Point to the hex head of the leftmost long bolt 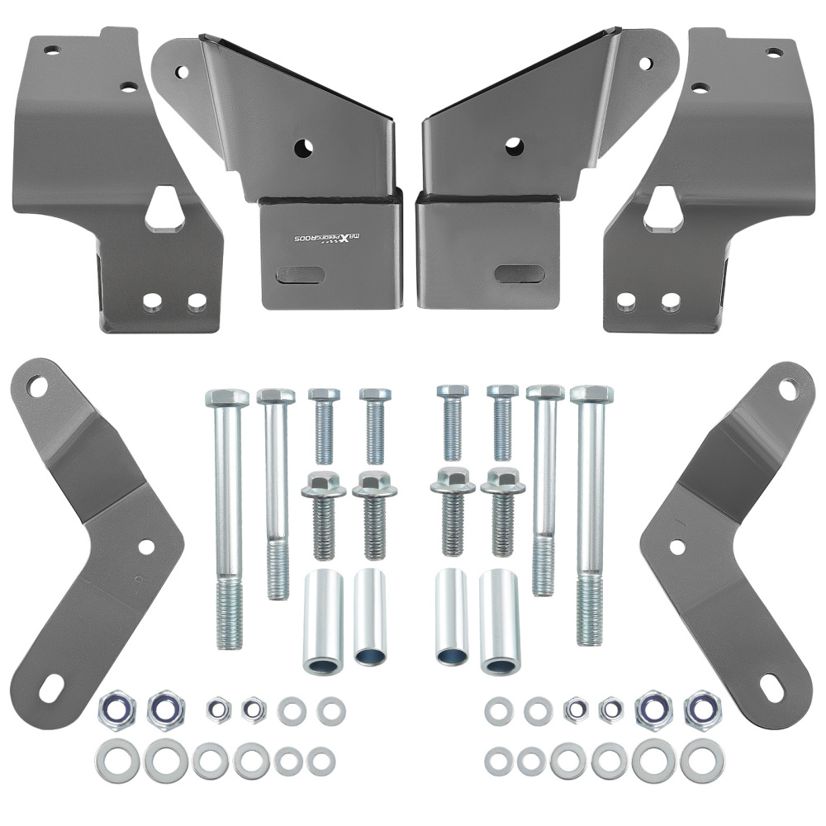(227, 397)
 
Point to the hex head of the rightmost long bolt (591, 394)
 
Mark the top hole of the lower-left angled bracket (37, 384)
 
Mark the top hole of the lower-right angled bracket (788, 388)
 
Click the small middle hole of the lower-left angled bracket (146, 546)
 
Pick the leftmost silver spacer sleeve (323, 619)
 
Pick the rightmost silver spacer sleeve (500, 621)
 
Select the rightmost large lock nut (702, 708)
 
